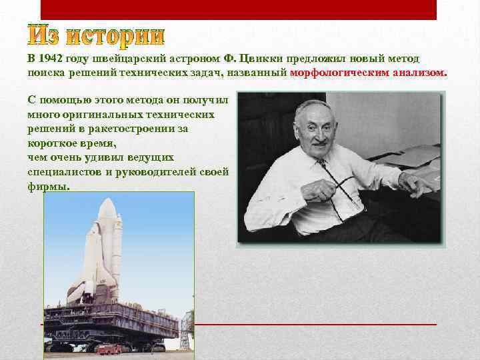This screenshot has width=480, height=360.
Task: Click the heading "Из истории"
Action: coord(97,38)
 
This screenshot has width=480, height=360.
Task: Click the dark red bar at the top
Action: coord(239,9)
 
